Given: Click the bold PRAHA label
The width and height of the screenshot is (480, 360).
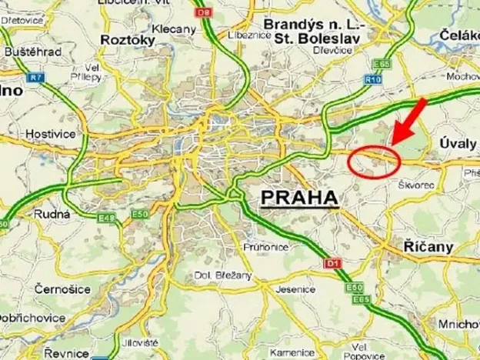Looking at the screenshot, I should click(x=300, y=198).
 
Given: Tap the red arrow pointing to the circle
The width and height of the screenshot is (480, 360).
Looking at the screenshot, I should click(x=407, y=120).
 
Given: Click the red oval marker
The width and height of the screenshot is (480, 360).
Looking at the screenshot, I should click(x=374, y=160).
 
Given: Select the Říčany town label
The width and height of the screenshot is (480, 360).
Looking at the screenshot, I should click(x=428, y=247).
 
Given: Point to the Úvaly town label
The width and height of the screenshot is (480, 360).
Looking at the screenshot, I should click(x=458, y=143).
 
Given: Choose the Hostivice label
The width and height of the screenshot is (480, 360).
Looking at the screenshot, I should click(x=48, y=133).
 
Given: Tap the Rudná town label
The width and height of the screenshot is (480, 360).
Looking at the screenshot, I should click(x=52, y=214).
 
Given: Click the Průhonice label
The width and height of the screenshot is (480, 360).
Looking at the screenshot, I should click(x=266, y=247).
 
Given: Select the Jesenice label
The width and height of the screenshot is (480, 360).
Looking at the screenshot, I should click(x=296, y=289).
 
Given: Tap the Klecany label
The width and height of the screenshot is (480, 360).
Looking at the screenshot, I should click(x=174, y=28).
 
